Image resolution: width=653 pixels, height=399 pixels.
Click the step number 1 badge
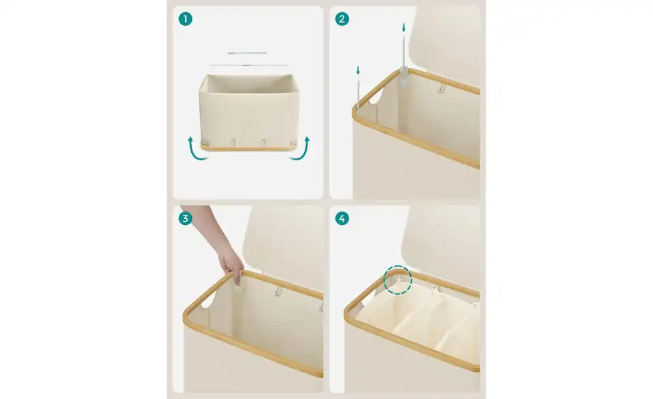pyautogui.click(x=185, y=19)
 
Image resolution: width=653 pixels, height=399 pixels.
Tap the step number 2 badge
pyautogui.click(x=342, y=19)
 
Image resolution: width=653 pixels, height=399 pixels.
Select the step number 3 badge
pyautogui.click(x=185, y=218)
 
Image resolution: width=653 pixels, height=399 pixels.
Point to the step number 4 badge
pyautogui.click(x=342, y=218)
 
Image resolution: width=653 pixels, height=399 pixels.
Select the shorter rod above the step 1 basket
pyautogui.click(x=247, y=53)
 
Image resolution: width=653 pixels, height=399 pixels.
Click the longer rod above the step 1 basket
pyautogui.click(x=248, y=65)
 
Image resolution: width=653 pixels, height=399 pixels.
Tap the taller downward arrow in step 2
pyautogui.click(x=403, y=28)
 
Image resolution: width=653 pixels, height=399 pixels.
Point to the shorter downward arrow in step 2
pyautogui.click(x=358, y=71)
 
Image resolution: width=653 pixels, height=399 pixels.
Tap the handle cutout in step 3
pyautogui.click(x=208, y=300)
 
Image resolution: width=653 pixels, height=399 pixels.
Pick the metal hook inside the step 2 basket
pyautogui.click(x=442, y=88)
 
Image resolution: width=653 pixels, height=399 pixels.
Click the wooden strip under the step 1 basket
pyautogui.click(x=249, y=148)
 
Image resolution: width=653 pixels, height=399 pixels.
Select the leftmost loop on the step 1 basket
pyautogui.click(x=205, y=141)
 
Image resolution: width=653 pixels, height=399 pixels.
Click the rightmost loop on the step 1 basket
pyautogui.click(x=293, y=142)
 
